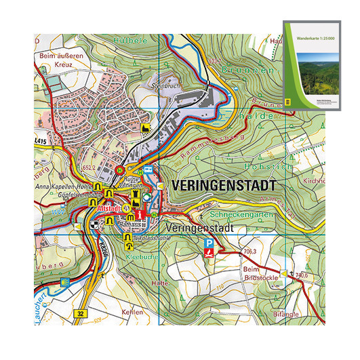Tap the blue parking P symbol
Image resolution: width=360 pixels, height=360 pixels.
pos(210,243)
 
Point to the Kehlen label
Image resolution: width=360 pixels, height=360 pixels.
pos(134,312)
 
